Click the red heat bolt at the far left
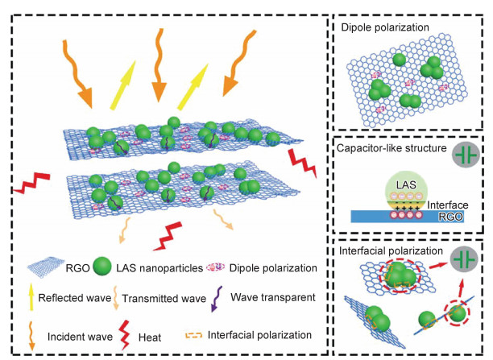tap(32, 188)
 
